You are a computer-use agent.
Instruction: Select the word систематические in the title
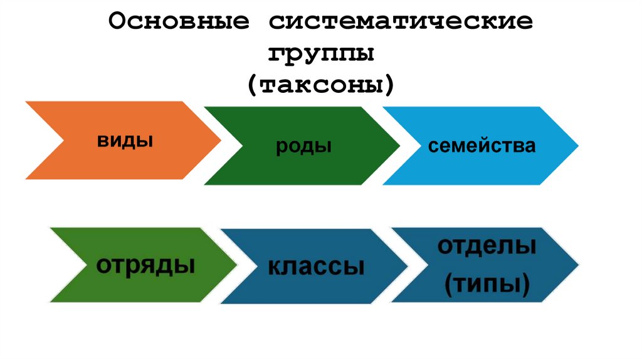401,22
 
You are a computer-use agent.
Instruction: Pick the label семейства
481,146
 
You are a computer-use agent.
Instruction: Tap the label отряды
145,264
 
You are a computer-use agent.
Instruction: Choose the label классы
316,266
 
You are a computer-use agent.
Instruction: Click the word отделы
487,246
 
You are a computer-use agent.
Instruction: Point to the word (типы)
487,284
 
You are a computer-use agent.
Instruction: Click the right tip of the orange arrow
221,139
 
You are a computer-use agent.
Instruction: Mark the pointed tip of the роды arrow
399,146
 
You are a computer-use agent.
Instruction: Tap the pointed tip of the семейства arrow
578,146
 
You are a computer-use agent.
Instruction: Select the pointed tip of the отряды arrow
237,265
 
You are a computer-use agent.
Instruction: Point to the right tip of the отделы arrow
578,265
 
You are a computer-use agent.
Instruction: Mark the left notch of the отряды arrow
87,265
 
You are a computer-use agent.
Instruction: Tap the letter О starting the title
117,22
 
